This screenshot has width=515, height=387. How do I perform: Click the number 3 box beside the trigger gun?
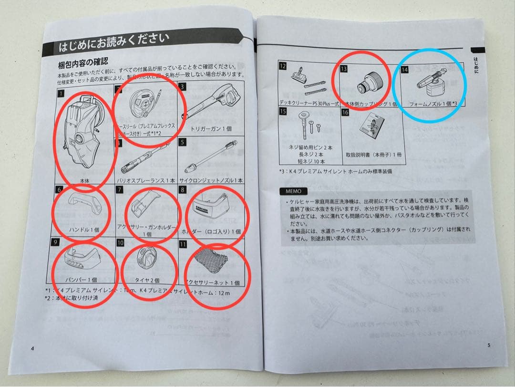pyautogui.click(x=183, y=87)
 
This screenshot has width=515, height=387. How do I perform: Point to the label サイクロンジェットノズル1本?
pyautogui.click(x=214, y=180)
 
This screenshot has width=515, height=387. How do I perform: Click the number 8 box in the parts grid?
pyautogui.click(x=183, y=190)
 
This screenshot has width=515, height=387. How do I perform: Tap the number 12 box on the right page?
pyautogui.click(x=283, y=66)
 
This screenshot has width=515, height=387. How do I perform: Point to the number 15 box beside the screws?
pyautogui.click(x=283, y=111)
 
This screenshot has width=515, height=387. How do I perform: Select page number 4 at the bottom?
pyautogui.click(x=32, y=348)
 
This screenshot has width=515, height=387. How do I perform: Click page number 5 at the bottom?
pyautogui.click(x=488, y=345)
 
